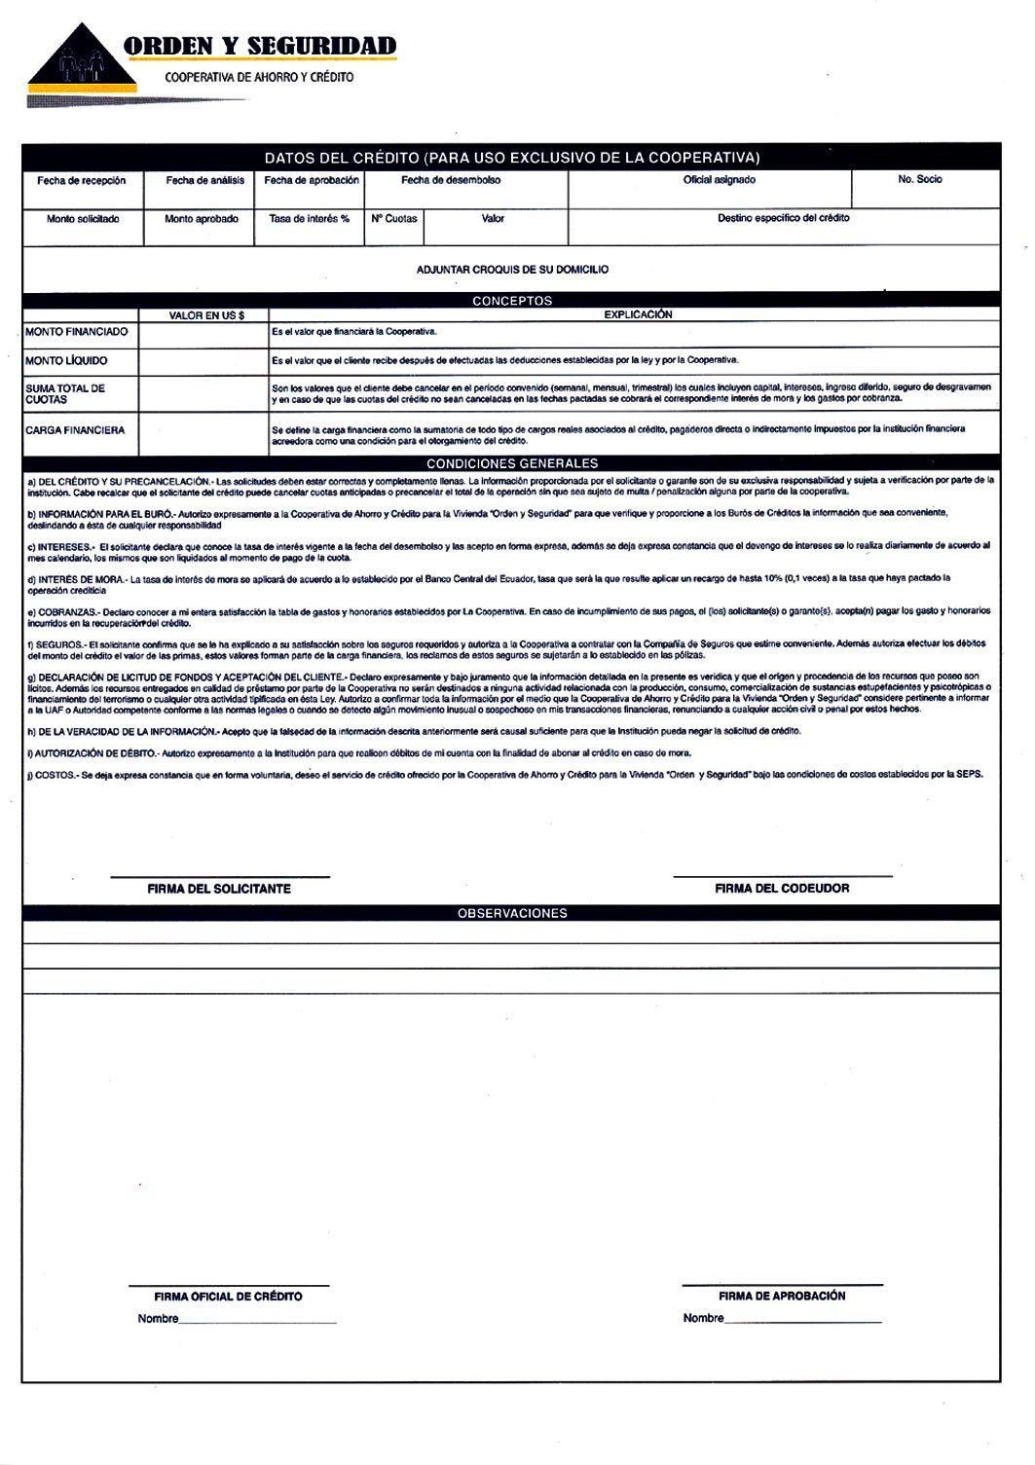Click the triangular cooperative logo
point(82,59)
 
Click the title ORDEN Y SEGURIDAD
point(260,46)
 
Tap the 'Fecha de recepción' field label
point(82,181)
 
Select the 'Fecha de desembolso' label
point(451,180)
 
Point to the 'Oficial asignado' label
point(719,180)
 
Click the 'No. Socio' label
point(919,180)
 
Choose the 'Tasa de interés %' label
point(309,219)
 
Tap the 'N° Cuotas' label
point(394,219)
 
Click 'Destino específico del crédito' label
point(783,218)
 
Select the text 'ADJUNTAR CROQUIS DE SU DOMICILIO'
point(512,270)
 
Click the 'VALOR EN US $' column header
point(206,315)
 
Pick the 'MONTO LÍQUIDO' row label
point(66,361)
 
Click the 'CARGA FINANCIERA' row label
point(75,430)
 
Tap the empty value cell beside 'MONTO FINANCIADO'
point(203,333)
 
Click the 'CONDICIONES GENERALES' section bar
point(512,464)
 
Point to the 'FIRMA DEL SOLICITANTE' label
point(219,889)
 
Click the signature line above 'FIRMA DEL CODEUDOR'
point(782,877)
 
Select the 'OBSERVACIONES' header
point(512,914)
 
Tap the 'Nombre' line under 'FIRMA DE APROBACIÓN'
point(803,1322)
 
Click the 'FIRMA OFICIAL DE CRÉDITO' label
point(228,1298)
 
